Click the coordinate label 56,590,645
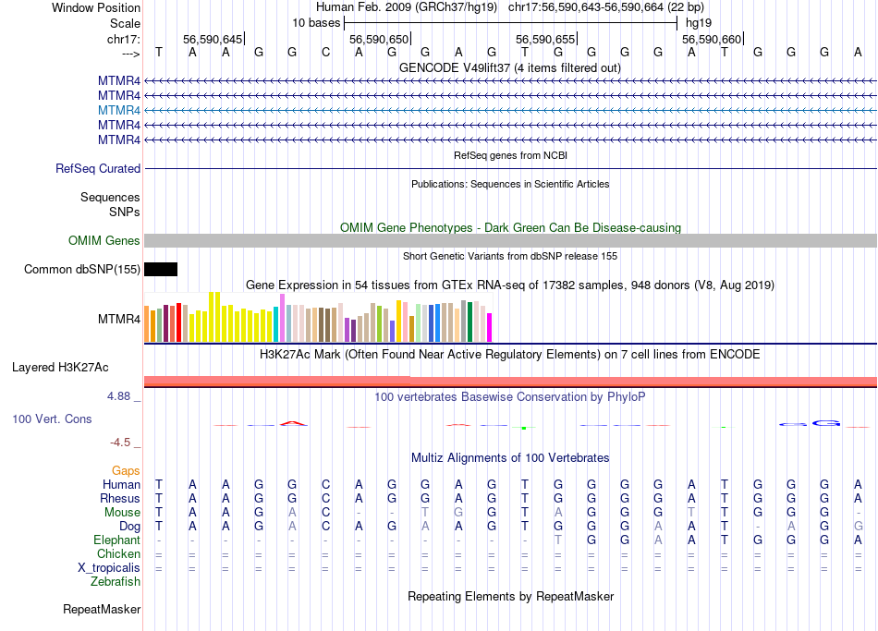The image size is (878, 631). point(213,39)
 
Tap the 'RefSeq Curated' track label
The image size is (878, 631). point(98,169)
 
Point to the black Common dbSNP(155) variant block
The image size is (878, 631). point(161,270)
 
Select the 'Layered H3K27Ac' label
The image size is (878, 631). point(60,368)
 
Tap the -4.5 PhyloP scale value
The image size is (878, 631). point(123,443)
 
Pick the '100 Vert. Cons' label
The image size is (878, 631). point(52,419)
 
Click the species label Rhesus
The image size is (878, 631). point(119,499)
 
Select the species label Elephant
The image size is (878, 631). point(117,540)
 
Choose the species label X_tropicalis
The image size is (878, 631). point(109,568)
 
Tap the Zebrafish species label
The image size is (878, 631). point(116,582)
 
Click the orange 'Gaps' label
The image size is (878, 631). point(126,471)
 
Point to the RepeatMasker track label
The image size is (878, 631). point(102,610)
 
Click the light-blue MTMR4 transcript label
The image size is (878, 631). point(119,110)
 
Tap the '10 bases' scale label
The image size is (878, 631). point(316,22)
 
